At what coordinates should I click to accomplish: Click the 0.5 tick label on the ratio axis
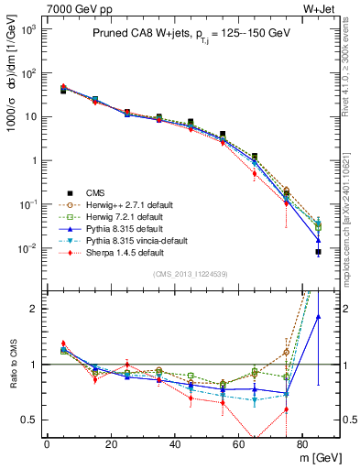point(28,420)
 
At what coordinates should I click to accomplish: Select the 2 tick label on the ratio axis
point(33,309)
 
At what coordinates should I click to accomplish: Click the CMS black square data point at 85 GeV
point(318,252)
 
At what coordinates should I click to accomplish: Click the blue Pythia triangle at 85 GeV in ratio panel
point(318,317)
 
